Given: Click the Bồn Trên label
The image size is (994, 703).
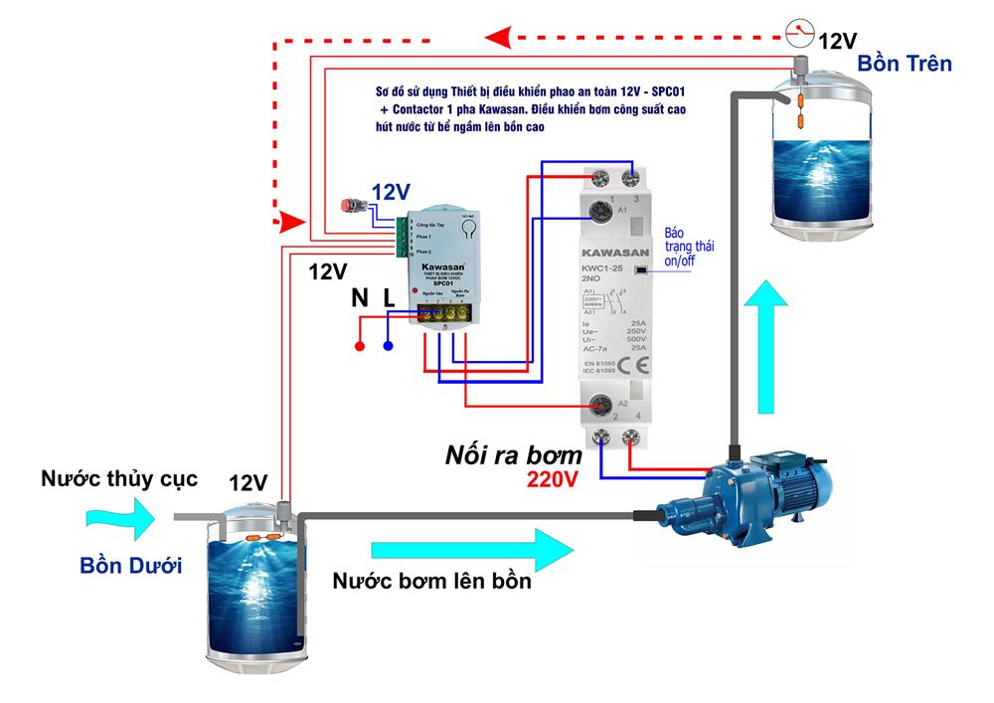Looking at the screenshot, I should coord(905,64).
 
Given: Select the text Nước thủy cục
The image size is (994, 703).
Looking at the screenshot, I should coord(119,478).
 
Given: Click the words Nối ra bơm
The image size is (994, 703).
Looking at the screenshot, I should coord(513,456).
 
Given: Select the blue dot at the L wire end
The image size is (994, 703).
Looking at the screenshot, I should coord(388,347).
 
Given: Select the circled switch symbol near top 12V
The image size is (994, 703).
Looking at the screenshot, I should coord(798,33).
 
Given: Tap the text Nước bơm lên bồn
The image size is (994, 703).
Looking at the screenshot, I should coord(432,582).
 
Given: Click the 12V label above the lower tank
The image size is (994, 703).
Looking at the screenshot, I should coord(248,483).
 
